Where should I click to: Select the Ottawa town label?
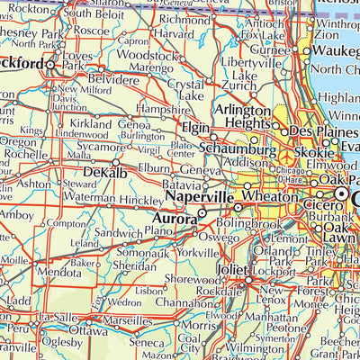pyautogui.click(x=88, y=329)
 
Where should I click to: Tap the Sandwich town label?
pyautogui.click(x=120, y=232)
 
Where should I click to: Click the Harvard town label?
pyautogui.click(x=174, y=33)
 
